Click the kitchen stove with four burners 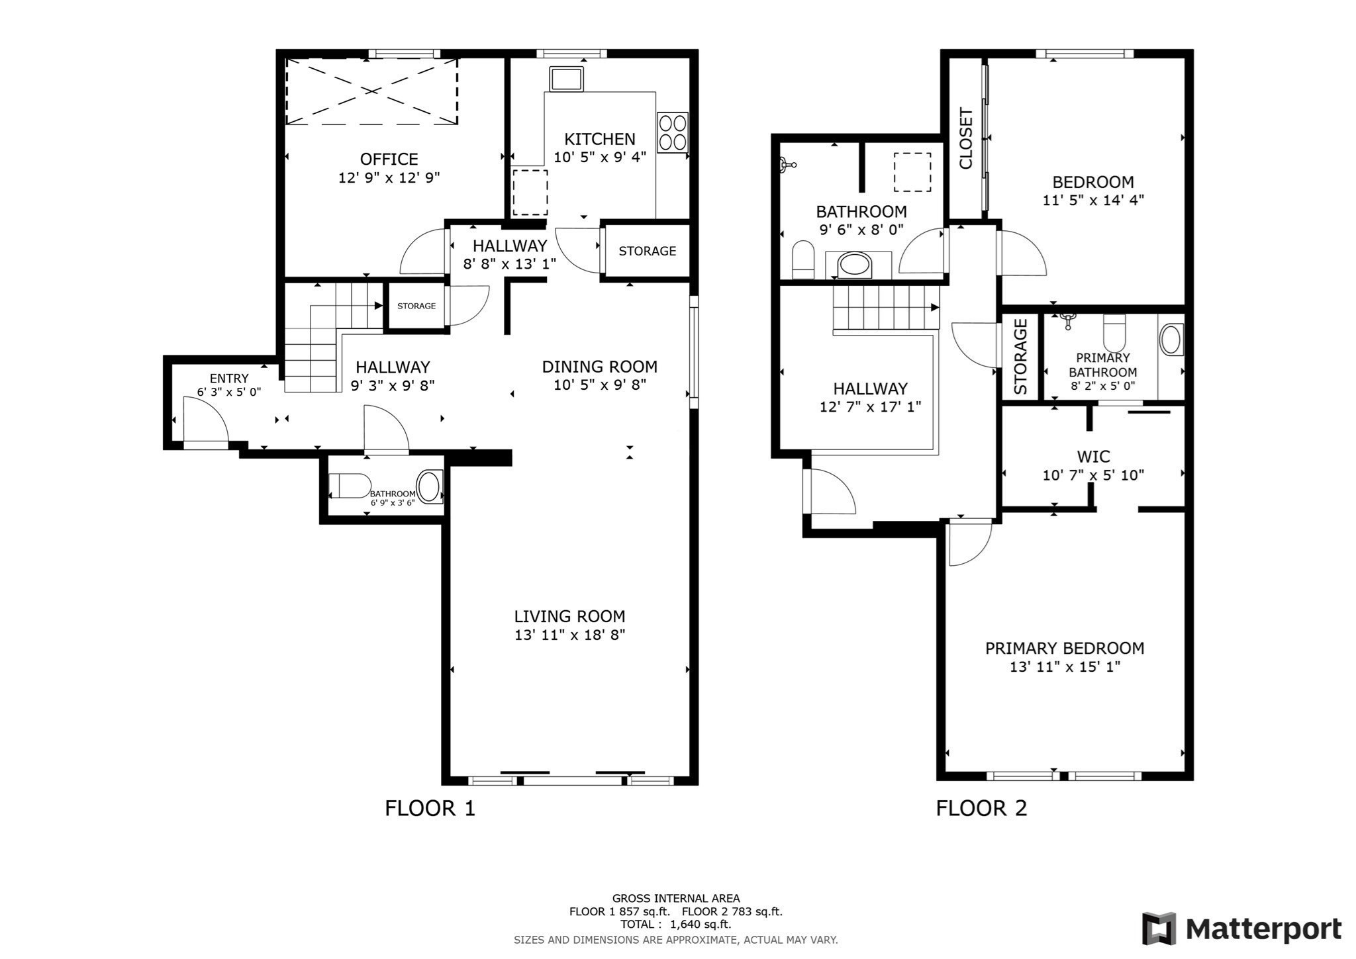click(x=672, y=132)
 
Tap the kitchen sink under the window click(x=566, y=79)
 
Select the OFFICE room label click(x=389, y=160)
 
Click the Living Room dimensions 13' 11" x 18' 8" click(x=569, y=635)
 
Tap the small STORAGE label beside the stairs click(x=416, y=306)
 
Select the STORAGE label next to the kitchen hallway click(x=647, y=251)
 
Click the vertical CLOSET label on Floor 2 click(x=966, y=139)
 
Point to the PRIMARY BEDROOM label click(x=1064, y=649)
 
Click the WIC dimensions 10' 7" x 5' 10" click(x=1092, y=475)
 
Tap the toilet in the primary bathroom click(x=1114, y=333)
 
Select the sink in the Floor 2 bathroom click(x=855, y=265)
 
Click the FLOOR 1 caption click(x=430, y=808)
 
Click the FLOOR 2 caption click(x=981, y=808)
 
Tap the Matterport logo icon click(x=1159, y=929)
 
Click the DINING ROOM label click(x=599, y=367)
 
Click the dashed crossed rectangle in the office click(x=371, y=91)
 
